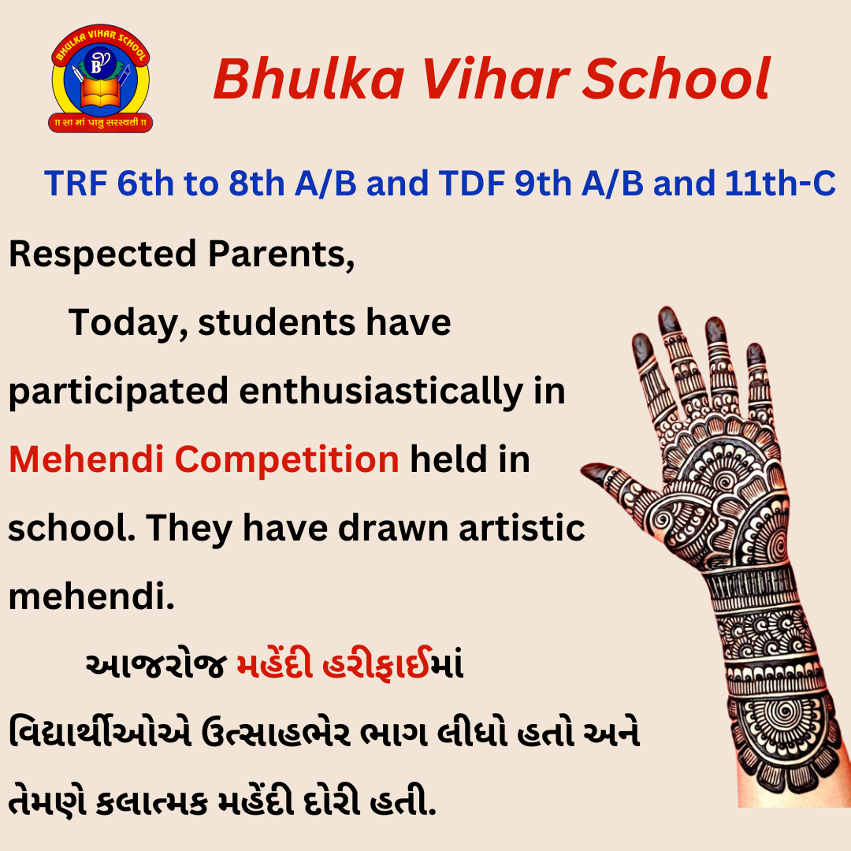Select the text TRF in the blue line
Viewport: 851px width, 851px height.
tap(76, 183)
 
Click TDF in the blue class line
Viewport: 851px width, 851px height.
tap(472, 183)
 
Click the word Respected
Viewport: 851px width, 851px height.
tap(102, 255)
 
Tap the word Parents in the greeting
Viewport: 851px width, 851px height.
tap(281, 255)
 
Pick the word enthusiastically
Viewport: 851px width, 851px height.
tap(381, 392)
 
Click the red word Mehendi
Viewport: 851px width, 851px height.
tap(87, 459)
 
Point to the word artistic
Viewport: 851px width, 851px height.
tap(522, 527)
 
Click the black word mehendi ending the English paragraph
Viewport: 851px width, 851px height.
tap(91, 596)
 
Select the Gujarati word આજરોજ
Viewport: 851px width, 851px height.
tap(156, 664)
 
